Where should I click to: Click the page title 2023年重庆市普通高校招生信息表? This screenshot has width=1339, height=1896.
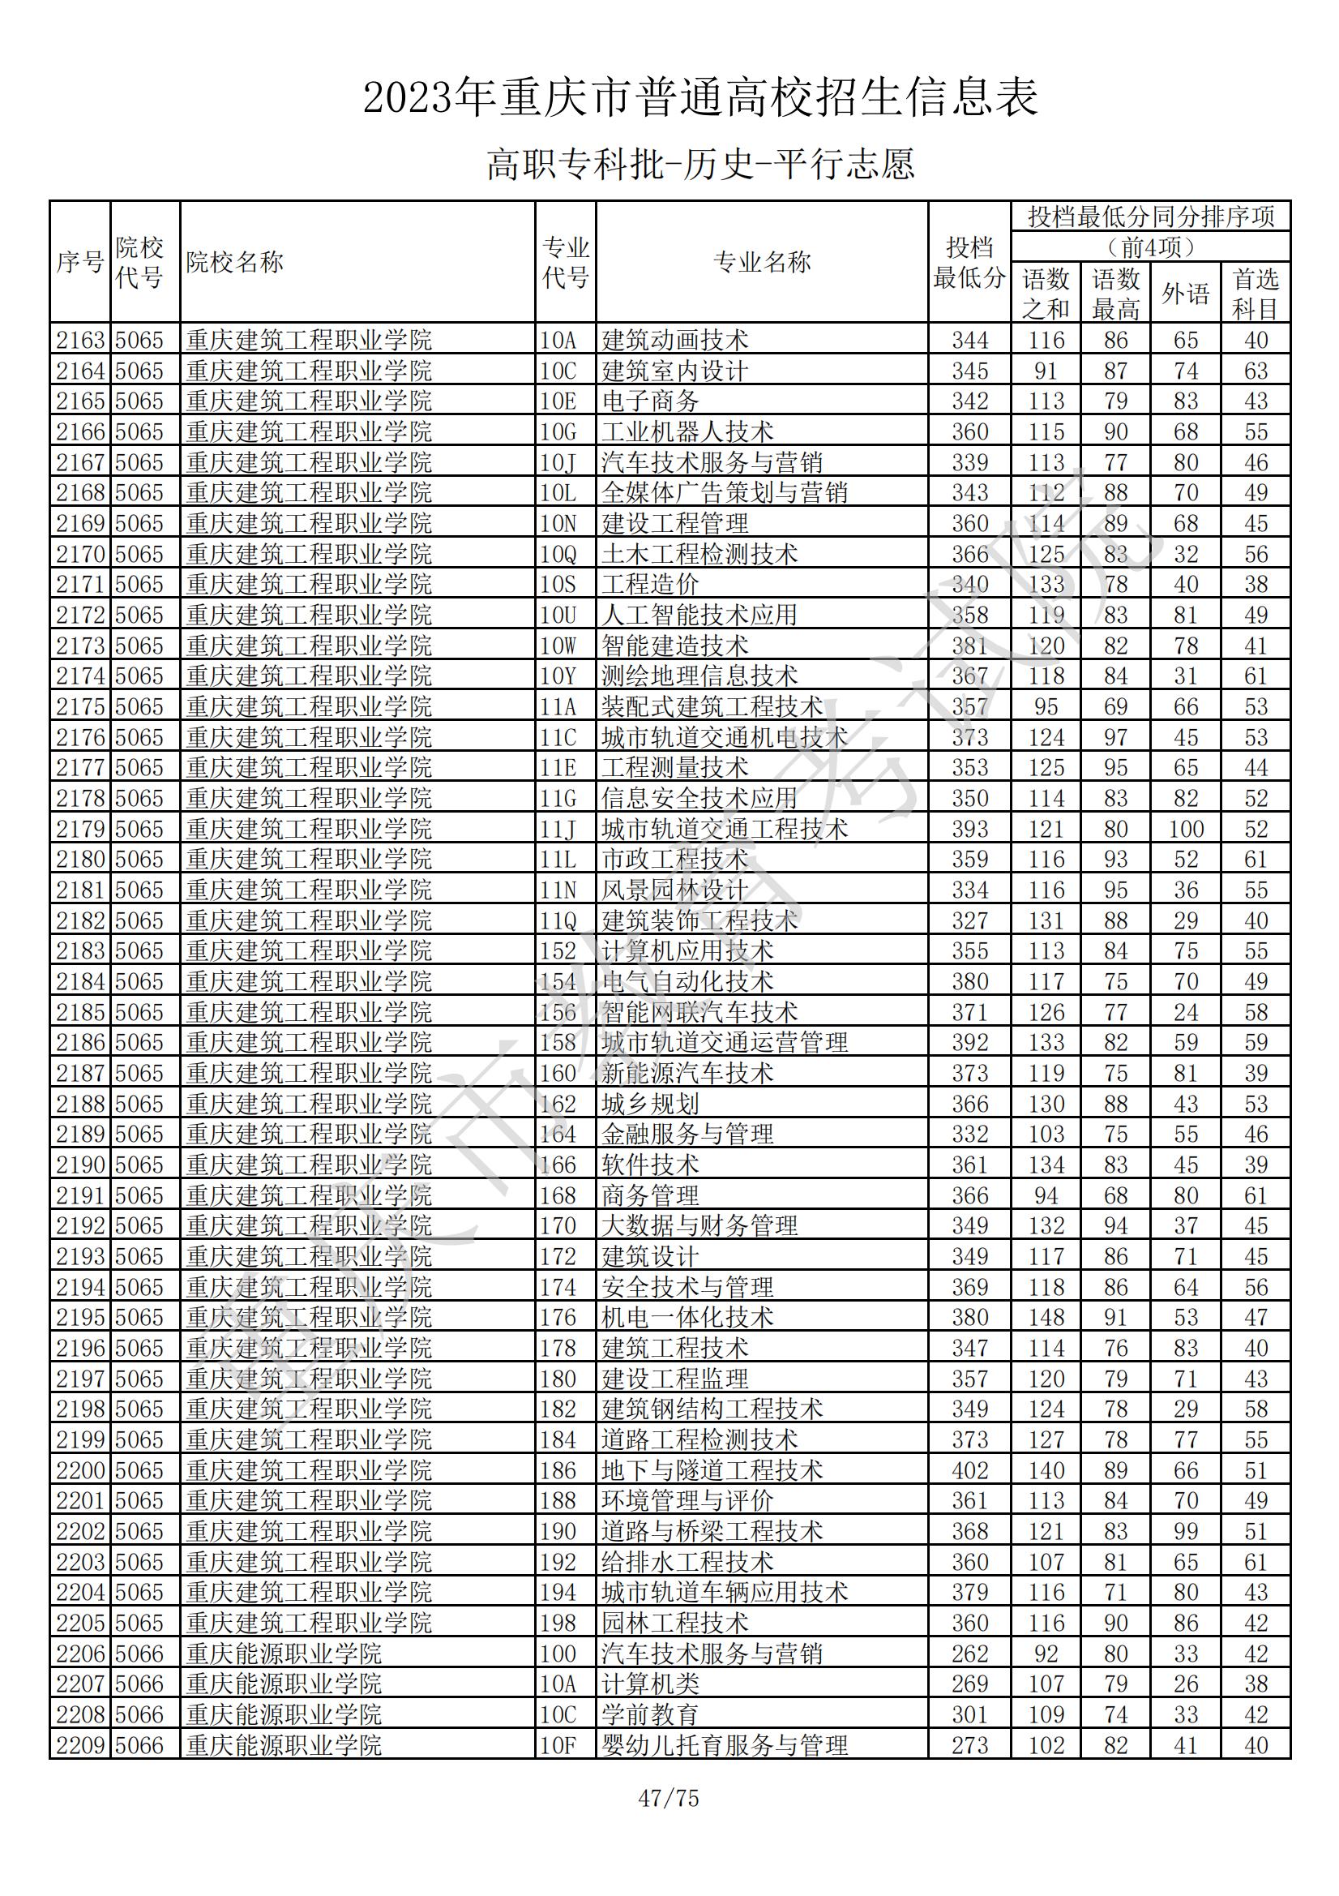[700, 97]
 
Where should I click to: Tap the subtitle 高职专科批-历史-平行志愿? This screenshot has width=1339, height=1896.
[700, 164]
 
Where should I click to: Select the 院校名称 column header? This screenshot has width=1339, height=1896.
[234, 263]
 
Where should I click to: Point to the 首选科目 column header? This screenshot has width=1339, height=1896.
[1255, 293]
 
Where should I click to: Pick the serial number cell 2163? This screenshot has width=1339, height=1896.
[80, 341]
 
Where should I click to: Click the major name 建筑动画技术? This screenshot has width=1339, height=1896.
[674, 341]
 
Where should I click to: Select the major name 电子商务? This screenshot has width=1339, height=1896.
[650, 401]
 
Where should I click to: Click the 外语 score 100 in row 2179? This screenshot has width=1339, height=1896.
[1186, 829]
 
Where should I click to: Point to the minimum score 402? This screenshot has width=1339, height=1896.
[969, 1471]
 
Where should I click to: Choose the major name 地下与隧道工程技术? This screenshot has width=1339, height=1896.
[712, 1471]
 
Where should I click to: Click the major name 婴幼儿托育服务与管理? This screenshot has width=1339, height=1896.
[724, 1746]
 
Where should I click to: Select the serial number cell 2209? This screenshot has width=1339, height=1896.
[80, 1746]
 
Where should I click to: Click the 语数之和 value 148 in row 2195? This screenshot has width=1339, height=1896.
[1046, 1318]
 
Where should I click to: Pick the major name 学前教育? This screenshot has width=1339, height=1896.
[650, 1715]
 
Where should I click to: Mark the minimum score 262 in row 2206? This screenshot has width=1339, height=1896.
[969, 1654]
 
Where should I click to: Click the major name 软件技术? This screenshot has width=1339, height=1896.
[650, 1165]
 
